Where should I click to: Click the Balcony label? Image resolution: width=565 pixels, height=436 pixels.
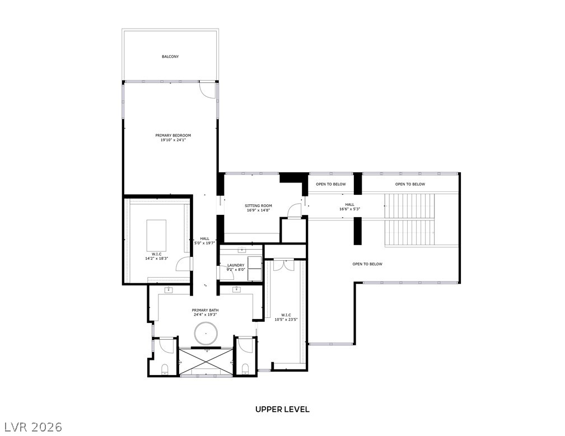(170, 57)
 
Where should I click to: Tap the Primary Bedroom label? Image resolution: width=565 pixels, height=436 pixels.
(173, 135)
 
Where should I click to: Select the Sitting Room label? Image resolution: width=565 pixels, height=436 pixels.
(258, 206)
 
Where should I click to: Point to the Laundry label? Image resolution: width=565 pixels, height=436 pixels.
(236, 265)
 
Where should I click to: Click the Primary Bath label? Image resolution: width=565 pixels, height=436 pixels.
(205, 310)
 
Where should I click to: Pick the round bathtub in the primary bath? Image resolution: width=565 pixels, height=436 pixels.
(207, 334)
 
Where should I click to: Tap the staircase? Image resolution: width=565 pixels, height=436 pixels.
(409, 221)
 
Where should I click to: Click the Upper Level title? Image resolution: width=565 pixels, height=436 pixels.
(282, 409)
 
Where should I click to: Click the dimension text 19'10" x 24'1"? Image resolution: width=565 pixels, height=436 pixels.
(173, 140)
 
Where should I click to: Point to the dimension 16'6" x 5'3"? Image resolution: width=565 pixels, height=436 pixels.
(349, 209)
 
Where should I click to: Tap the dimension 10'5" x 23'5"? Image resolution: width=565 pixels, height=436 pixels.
(286, 320)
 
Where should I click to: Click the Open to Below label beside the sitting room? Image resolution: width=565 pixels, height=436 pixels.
(330, 184)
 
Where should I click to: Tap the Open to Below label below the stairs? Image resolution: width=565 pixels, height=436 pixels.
(367, 264)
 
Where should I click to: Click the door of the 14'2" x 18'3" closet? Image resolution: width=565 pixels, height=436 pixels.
(184, 264)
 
